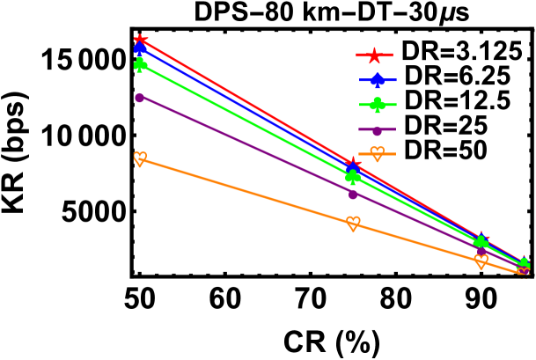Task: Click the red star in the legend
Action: point(374,55)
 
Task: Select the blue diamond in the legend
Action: point(378,81)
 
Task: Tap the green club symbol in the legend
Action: point(378,106)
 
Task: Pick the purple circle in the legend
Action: point(377,130)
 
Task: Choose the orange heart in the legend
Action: point(378,154)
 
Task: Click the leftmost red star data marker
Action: point(140,40)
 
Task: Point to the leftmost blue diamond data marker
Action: point(140,48)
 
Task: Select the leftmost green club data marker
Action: point(140,64)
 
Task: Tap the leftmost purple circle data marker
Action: point(139,98)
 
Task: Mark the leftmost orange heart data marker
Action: point(140,158)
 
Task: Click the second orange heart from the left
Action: point(353,223)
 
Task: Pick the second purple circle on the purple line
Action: point(353,195)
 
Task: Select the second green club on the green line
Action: point(353,177)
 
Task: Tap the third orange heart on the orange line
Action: point(481,261)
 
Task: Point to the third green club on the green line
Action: point(481,242)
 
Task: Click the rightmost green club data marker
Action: point(524,264)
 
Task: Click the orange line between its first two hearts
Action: point(246,191)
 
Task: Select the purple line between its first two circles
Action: point(246,146)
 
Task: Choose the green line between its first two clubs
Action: point(246,121)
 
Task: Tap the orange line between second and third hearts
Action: point(417,242)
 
